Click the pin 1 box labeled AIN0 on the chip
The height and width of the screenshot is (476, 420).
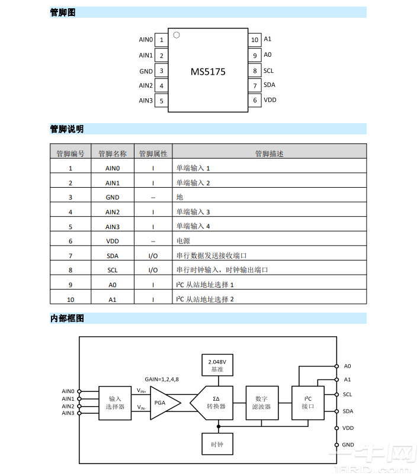pyautogui.click(x=161, y=40)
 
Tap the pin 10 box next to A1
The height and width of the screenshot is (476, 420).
pyautogui.click(x=255, y=40)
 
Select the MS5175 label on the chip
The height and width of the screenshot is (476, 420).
pyautogui.click(x=208, y=72)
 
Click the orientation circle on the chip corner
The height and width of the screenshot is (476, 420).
pyautogui.click(x=176, y=36)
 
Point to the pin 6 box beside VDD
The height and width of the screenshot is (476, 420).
pyautogui.click(x=255, y=100)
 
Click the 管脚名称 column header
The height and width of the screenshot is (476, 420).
pyautogui.click(x=113, y=153)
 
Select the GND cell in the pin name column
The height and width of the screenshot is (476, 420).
pyautogui.click(x=113, y=197)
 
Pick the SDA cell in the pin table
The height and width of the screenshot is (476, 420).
pyautogui.click(x=113, y=255)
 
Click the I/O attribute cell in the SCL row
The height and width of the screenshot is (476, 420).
pyautogui.click(x=153, y=270)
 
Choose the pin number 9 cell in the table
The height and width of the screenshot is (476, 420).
pyautogui.click(x=70, y=284)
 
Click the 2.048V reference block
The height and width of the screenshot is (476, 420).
pyautogui.click(x=217, y=365)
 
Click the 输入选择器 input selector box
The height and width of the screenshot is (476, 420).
pyautogui.click(x=115, y=403)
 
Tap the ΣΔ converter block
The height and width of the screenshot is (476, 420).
pyautogui.click(x=213, y=403)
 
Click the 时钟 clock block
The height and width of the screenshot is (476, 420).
pyautogui.click(x=217, y=444)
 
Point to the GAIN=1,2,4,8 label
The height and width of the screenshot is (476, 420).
pyautogui.click(x=162, y=379)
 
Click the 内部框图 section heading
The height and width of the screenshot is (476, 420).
pyautogui.click(x=67, y=319)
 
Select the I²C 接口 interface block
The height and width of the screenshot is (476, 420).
pyautogui.click(x=308, y=403)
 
